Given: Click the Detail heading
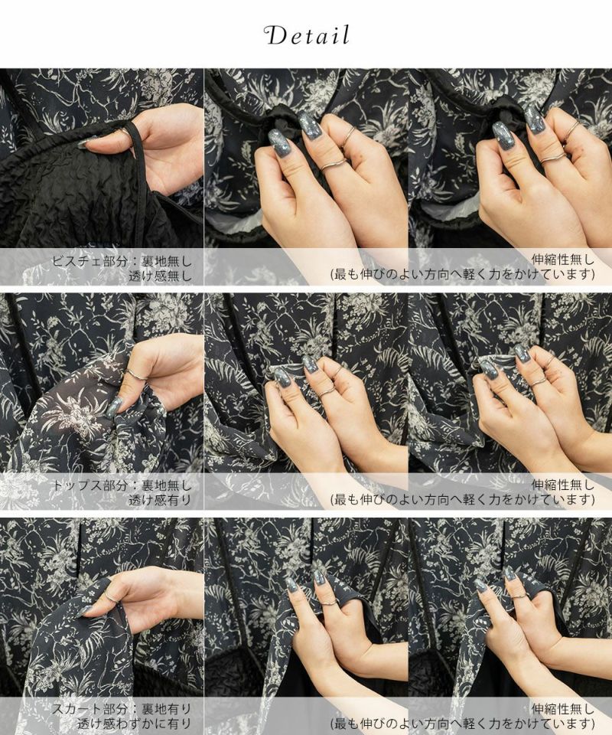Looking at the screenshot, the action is click(307, 36).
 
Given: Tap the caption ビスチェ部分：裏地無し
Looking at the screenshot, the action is click(122, 261).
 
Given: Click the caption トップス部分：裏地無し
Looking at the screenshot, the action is click(122, 485).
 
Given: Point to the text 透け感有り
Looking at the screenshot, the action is click(160, 500).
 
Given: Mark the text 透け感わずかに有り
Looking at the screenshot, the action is click(135, 724).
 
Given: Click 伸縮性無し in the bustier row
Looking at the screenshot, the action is click(562, 260).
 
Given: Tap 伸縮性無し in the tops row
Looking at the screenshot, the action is click(562, 485).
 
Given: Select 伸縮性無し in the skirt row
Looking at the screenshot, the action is click(562, 709).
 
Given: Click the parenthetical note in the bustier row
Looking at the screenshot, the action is click(463, 275).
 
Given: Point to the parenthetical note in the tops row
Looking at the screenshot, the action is click(463, 500).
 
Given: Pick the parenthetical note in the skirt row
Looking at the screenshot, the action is click(463, 724).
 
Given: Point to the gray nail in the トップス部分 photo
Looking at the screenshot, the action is click(115, 407).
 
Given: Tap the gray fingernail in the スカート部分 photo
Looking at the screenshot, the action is click(86, 610).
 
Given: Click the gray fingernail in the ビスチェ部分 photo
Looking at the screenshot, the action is click(87, 142).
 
